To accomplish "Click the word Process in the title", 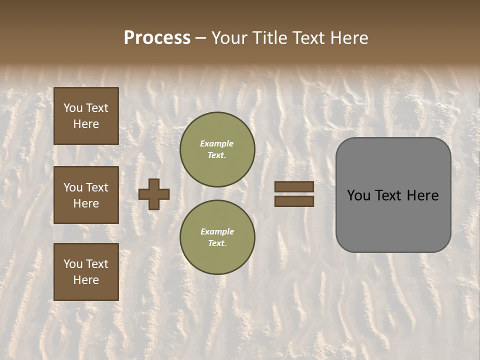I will [157, 38].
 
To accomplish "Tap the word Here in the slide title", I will [347, 38].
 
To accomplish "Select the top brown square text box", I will [86, 116].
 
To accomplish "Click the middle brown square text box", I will [86, 195].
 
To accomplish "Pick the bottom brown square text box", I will [86, 272].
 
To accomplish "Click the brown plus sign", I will [154, 194].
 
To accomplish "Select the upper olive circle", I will [217, 149].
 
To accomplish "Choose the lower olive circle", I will [217, 237].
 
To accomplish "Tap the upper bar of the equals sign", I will [294, 186].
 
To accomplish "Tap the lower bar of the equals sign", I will [294, 201].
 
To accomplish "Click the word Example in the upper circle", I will [217, 143].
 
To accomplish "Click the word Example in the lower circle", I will [217, 231].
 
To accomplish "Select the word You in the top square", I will [73, 108].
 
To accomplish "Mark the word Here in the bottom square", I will [86, 280].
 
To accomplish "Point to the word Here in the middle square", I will [86, 203].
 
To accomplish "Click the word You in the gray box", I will [358, 195].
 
